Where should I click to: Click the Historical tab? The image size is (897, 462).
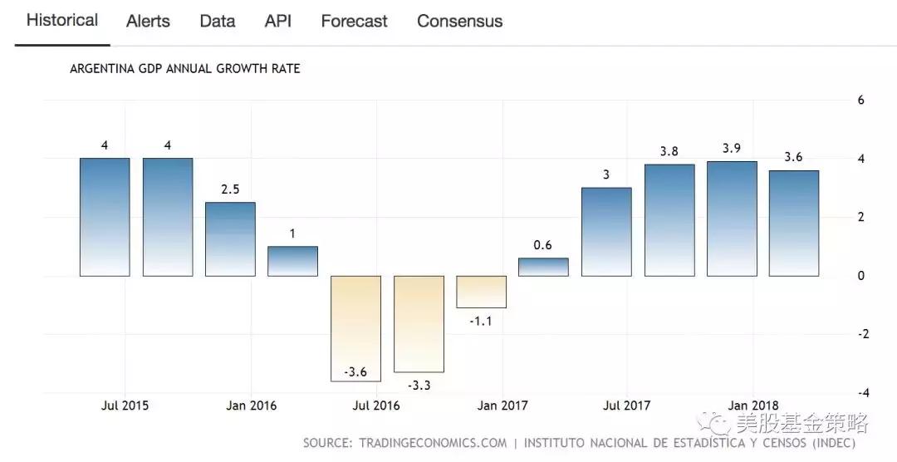point(62,20)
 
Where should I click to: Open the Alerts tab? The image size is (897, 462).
point(148,21)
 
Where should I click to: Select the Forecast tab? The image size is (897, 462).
point(354,21)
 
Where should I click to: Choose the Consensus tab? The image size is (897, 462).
point(459,21)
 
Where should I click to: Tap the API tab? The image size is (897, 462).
point(278,21)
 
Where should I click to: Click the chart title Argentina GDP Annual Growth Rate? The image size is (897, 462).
point(184,69)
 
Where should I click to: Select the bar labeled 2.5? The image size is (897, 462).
point(230,239)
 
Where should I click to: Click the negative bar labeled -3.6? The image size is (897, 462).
point(355,328)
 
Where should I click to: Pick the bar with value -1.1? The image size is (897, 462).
point(481,292)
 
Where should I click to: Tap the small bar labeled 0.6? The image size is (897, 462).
point(544,267)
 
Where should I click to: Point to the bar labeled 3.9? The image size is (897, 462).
point(732,219)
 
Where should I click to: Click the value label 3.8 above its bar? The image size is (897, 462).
point(669,151)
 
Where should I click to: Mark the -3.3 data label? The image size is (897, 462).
point(419,385)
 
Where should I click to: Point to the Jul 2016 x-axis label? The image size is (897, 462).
point(376,405)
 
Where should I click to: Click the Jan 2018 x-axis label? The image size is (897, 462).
point(752,405)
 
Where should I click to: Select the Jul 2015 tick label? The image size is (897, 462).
point(125,405)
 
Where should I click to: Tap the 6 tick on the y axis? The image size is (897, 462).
point(860,100)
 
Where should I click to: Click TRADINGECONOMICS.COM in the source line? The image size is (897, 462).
point(433,443)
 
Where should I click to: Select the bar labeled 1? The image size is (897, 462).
point(292,261)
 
